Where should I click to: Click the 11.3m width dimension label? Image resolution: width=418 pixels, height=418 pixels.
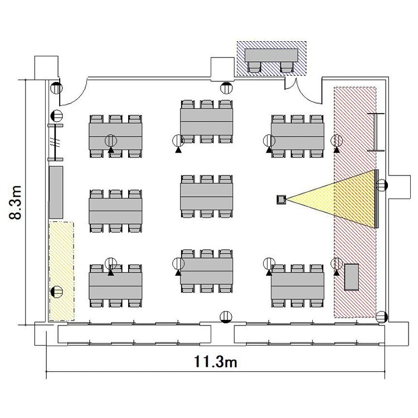215,362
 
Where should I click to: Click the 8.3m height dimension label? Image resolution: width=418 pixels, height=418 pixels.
15,202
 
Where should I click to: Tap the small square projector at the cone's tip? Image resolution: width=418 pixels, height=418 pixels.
281,200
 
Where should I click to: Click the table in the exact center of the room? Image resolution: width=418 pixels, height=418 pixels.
207,197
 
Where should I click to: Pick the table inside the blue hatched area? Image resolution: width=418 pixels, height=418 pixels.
271,55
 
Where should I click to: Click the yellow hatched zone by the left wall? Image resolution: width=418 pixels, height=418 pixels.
61,271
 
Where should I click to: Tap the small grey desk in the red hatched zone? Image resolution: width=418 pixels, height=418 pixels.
352,277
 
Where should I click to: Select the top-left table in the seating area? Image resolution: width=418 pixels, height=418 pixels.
115,137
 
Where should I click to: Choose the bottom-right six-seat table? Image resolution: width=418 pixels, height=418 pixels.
298,286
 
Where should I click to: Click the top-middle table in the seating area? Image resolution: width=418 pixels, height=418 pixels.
207,122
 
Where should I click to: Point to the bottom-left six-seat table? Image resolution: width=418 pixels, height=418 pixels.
115,286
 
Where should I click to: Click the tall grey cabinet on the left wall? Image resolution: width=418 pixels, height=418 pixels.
56,192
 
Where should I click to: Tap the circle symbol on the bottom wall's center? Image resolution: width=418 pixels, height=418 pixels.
226,317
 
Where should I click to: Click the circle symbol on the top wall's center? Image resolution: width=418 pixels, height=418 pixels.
226,88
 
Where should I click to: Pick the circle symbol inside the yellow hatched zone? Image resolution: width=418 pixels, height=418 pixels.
56,291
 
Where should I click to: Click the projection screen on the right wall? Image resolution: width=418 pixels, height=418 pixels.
377,199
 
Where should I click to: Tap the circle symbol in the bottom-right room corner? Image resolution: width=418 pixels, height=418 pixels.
382,317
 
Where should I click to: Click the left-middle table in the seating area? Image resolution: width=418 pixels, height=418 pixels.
115,211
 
